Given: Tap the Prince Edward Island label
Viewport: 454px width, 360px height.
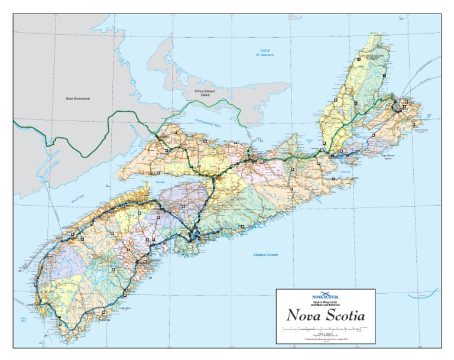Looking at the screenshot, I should click(x=207, y=93).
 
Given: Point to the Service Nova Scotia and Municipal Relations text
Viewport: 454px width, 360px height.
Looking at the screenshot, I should click(x=325, y=303).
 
